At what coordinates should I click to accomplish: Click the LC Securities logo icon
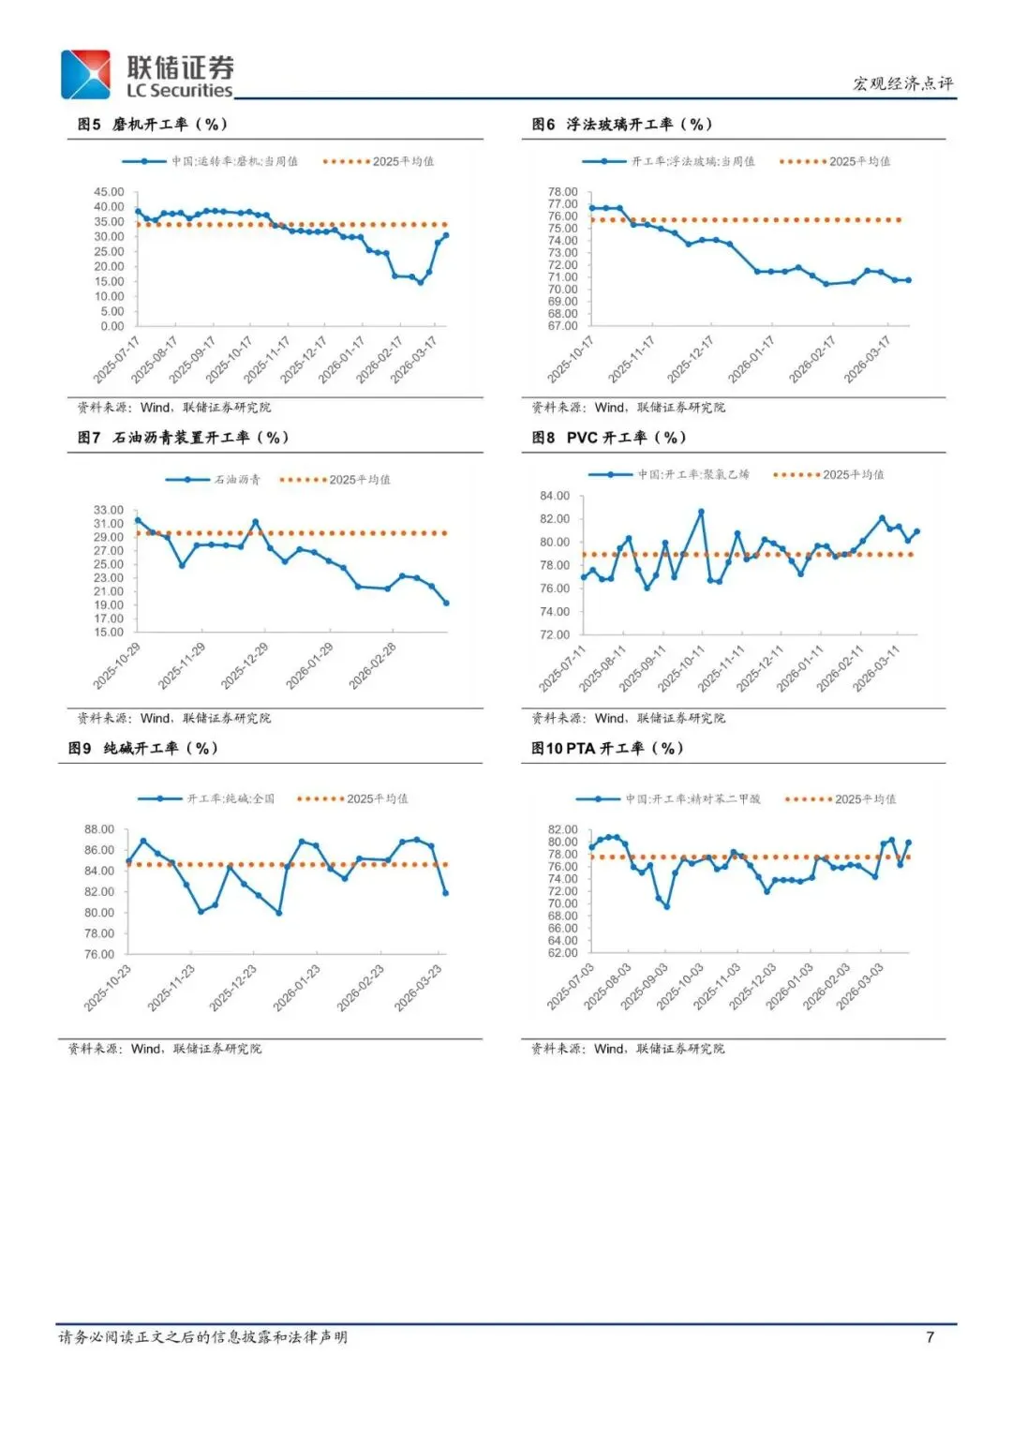point(85,74)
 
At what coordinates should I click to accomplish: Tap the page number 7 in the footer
point(930,1336)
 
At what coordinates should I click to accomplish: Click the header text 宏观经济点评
point(902,83)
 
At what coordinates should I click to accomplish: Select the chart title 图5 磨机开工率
point(153,124)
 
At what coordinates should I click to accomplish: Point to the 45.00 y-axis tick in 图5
point(109,192)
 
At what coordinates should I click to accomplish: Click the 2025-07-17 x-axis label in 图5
point(117,360)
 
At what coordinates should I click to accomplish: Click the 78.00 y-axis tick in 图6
point(563,192)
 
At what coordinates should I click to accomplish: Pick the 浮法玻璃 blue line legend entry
point(669,161)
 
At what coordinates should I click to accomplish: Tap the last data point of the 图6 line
point(908,280)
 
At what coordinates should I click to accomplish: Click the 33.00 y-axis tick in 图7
point(109,511)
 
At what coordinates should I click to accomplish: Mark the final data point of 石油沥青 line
point(446,603)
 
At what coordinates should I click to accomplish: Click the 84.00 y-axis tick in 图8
point(555,496)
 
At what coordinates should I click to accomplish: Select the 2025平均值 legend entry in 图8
point(829,474)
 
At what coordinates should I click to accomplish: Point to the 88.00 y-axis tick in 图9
point(99,829)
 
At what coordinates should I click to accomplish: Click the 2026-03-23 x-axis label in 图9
point(419,988)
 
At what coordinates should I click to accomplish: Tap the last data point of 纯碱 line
point(445,892)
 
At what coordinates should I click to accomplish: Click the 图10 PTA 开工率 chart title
point(607,748)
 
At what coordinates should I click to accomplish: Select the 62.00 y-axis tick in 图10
point(563,953)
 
